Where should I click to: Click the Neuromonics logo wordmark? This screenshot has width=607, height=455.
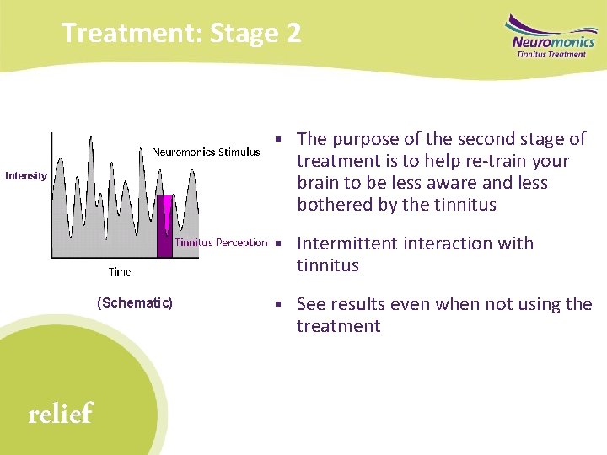point(552,41)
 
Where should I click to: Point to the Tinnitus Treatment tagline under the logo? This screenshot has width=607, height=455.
point(551,55)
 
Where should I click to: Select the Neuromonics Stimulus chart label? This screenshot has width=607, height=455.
point(207,153)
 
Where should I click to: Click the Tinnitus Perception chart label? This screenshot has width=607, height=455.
point(221,243)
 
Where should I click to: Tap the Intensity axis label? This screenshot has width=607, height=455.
point(25,176)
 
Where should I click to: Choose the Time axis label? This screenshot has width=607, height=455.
point(120,272)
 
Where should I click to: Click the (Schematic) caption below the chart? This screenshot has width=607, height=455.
point(135,302)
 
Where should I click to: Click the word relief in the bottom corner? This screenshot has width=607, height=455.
point(60,414)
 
